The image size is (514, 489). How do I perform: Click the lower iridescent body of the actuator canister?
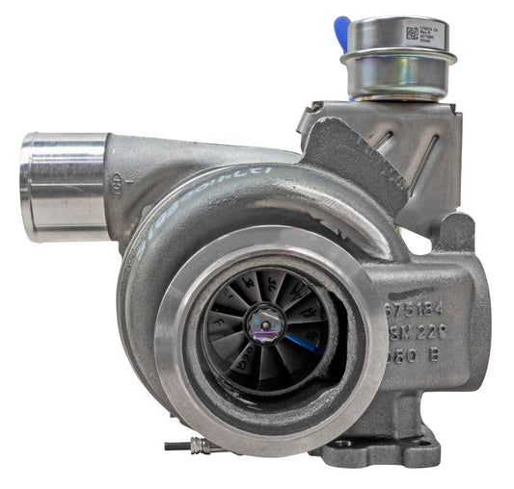tap(397, 81)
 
